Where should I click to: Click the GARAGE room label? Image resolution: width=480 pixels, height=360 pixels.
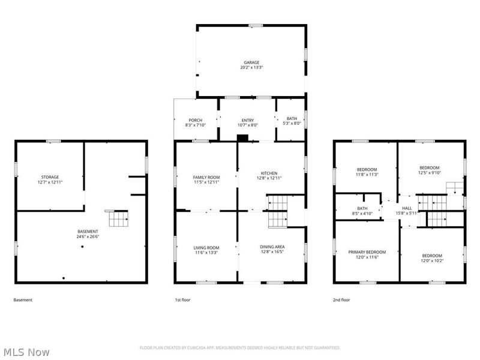click(x=251, y=62)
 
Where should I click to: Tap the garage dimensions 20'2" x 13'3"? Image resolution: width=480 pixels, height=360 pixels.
click(x=251, y=67)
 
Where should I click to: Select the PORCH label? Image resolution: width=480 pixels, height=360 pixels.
click(x=196, y=121)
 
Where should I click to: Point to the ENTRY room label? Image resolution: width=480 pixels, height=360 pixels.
click(x=248, y=121)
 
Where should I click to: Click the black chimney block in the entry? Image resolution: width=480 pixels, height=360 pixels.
click(x=242, y=138)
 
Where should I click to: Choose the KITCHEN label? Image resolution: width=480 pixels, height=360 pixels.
click(x=269, y=173)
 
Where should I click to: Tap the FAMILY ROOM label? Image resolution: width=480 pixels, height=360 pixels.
click(x=206, y=177)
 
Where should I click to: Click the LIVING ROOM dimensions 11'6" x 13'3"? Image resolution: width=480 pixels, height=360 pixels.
click(x=206, y=253)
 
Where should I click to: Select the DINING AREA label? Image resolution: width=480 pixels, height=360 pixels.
click(x=272, y=247)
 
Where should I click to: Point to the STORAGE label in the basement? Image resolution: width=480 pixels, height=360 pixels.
click(x=50, y=177)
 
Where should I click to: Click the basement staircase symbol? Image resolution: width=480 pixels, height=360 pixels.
click(x=118, y=219)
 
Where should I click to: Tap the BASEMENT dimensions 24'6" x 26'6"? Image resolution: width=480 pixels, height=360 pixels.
click(x=88, y=236)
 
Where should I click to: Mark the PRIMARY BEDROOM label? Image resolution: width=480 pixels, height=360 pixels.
click(x=367, y=252)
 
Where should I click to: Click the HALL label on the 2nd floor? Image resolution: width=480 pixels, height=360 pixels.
click(x=407, y=208)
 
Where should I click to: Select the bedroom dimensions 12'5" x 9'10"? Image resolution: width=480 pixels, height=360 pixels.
click(x=430, y=173)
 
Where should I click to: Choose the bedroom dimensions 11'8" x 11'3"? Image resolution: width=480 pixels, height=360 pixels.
click(x=367, y=175)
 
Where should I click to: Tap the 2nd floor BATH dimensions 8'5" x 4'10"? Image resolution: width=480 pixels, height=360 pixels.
click(x=362, y=214)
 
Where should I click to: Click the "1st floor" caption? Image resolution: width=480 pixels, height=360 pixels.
click(x=182, y=300)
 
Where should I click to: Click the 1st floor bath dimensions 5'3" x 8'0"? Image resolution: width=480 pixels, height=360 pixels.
click(x=292, y=124)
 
